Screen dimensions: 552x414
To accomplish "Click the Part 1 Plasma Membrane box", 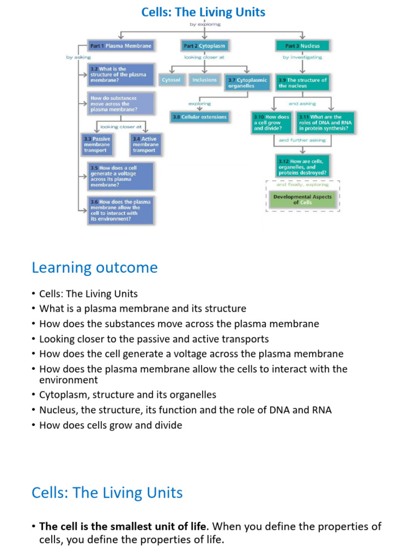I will [121, 46].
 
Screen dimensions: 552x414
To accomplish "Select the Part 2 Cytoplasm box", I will [204, 46].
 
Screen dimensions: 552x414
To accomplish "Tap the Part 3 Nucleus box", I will [302, 46].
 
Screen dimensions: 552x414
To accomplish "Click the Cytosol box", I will [172, 80].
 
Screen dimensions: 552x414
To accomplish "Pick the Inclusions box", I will [204, 80].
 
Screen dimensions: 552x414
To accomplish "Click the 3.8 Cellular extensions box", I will [199, 116].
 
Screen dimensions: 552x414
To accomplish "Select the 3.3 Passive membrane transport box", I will [97, 144].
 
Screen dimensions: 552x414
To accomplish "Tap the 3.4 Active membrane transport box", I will [145, 144].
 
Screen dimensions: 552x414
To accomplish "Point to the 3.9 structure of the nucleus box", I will [302, 83].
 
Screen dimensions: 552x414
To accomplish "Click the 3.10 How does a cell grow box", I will [272, 122].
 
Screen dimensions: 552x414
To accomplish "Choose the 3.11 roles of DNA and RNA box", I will [326, 122].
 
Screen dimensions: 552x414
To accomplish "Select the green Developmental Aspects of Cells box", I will [302, 199].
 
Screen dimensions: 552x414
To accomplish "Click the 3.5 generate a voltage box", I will [121, 176].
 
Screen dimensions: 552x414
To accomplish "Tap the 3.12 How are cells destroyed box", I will [302, 167].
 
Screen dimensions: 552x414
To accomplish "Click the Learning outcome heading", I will [94, 267].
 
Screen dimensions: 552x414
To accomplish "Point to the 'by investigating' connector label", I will [302, 57].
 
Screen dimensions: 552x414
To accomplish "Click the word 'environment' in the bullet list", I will [68, 380].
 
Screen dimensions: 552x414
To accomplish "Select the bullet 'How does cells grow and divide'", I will [111, 425].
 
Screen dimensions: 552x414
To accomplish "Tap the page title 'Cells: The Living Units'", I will [203, 12].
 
